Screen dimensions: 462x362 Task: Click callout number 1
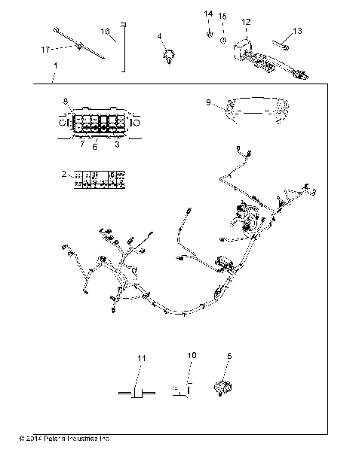(x=55, y=67)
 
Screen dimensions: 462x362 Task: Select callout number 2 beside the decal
(x=64, y=174)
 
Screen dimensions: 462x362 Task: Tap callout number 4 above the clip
(x=159, y=35)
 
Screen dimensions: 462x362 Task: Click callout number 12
(x=246, y=22)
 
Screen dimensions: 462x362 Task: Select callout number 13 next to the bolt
(x=296, y=31)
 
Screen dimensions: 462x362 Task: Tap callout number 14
(x=209, y=14)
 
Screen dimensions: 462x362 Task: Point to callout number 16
(x=106, y=31)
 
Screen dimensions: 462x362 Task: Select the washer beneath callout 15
(x=223, y=38)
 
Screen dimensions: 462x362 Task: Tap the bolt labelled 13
(x=281, y=45)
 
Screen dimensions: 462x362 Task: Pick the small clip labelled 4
(x=169, y=56)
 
